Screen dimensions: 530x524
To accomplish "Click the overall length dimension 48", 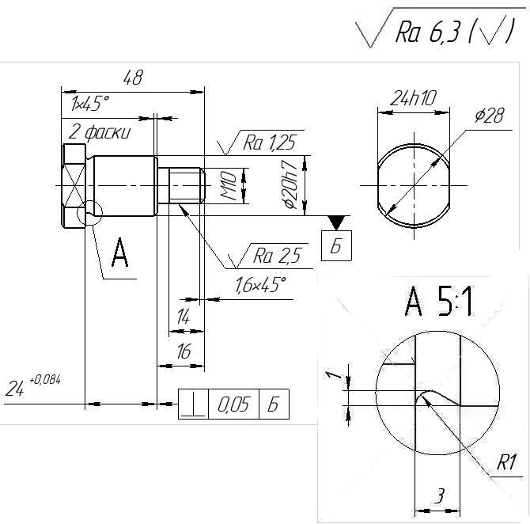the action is [x=133, y=78].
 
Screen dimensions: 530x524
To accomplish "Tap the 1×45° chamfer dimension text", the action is [x=90, y=104].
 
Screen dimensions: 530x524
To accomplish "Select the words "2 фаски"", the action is [x=100, y=132].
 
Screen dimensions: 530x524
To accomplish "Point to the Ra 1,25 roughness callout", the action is [x=270, y=142].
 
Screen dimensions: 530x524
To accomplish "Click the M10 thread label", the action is [x=229, y=186].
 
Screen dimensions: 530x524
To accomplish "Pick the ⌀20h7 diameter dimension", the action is [x=290, y=184].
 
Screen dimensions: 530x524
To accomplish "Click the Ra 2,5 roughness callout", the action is [x=277, y=256].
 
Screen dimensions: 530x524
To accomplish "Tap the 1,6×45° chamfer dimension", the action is [x=260, y=284].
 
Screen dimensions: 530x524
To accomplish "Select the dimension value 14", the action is [x=184, y=317].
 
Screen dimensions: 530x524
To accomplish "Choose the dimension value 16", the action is [x=184, y=351].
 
